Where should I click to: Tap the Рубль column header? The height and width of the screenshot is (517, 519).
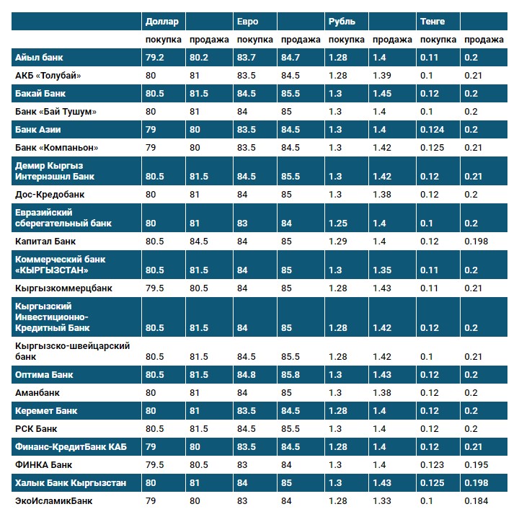pos(342,22)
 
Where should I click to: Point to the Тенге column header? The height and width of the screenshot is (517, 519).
pos(432,22)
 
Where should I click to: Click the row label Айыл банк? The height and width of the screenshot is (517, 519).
pos(38,58)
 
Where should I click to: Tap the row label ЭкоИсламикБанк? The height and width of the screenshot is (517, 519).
pos(54,500)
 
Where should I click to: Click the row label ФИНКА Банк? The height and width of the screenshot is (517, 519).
pos(43,465)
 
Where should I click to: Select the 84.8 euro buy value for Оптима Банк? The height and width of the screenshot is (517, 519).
pos(247,375)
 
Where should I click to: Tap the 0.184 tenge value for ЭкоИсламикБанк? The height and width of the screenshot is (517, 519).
pos(476,500)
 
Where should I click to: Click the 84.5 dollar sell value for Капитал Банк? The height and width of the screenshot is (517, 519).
pos(198,242)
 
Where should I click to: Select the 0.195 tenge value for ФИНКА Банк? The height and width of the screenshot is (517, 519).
pos(476,465)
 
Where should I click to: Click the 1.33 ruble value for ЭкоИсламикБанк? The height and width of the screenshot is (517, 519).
pos(381,500)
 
